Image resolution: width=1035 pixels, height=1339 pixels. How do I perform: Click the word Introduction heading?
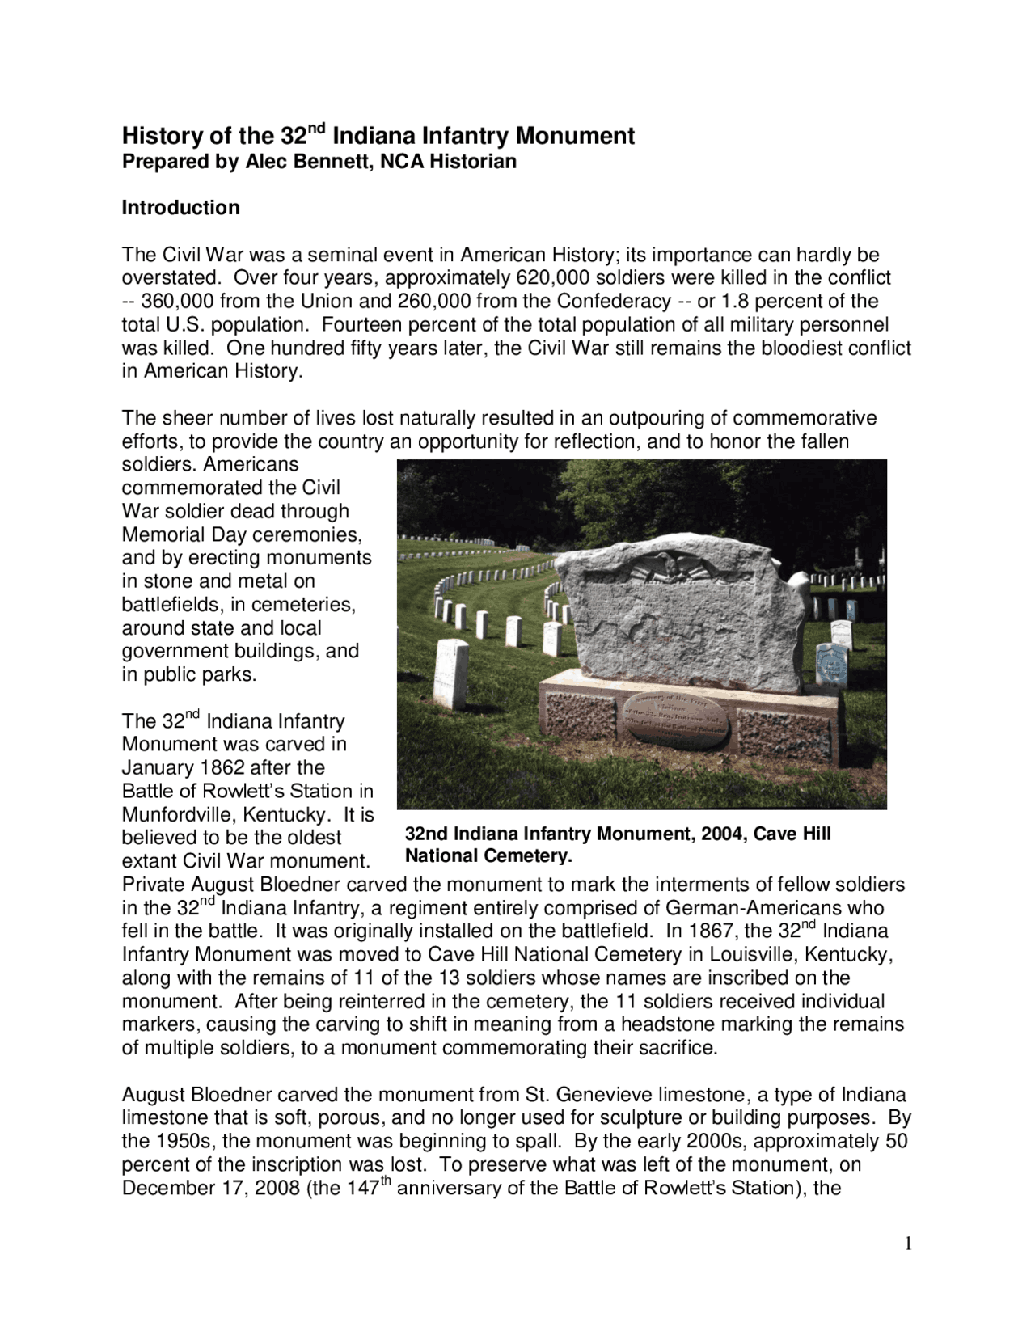(x=180, y=208)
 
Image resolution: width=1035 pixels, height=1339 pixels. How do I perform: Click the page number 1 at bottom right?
(x=908, y=1244)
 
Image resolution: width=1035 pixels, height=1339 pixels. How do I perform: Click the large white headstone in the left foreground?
(x=450, y=671)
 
